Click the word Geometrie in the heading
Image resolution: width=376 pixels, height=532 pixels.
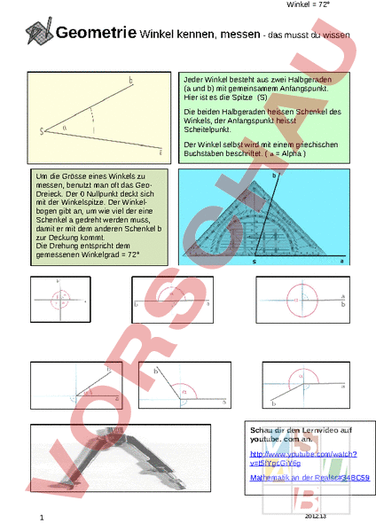(x=95, y=34)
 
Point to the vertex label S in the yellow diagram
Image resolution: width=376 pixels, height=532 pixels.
(x=42, y=132)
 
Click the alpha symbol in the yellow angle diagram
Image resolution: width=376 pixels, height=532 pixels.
(x=64, y=129)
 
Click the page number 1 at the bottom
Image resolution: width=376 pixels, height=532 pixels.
(x=41, y=518)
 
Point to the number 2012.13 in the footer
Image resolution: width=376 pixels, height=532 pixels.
(x=316, y=515)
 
